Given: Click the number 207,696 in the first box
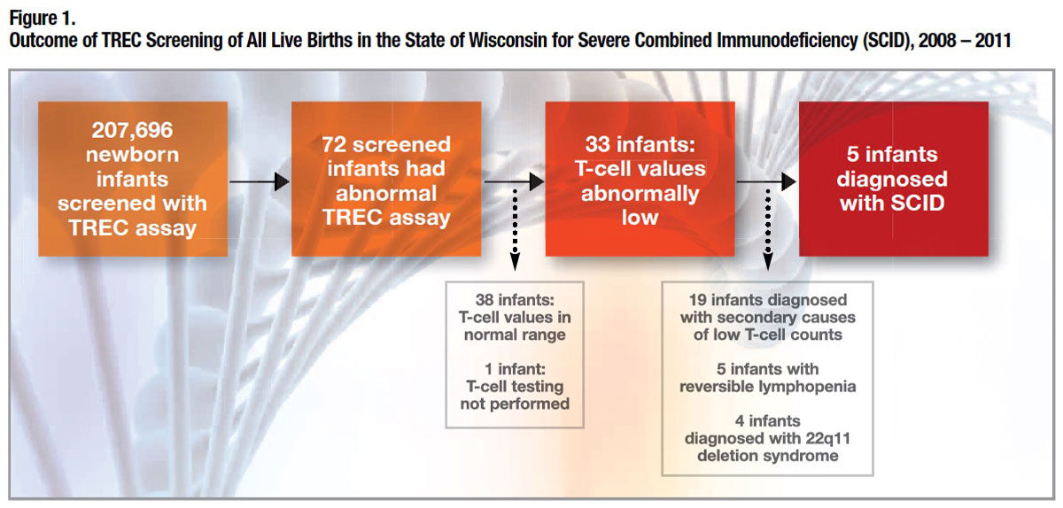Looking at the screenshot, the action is click(132, 130).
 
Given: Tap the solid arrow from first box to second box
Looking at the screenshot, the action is click(260, 181).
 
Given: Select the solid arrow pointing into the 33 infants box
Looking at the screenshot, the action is click(514, 181).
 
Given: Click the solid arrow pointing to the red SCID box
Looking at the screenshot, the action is click(766, 181).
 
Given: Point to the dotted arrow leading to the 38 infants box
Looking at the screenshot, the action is click(515, 230).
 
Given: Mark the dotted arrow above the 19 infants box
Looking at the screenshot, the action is click(768, 230).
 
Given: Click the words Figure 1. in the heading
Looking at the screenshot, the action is click(43, 19).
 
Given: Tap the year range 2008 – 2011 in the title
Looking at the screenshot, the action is click(965, 41).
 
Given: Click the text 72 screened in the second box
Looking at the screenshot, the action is click(386, 144).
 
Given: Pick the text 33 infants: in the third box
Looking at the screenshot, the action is click(640, 144).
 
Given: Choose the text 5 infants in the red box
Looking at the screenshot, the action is click(892, 155).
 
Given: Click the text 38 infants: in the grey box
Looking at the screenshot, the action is click(515, 300).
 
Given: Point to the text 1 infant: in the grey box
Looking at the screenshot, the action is click(515, 369).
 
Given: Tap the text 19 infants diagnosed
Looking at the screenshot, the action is click(768, 300).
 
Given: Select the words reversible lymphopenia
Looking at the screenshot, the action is click(768, 387).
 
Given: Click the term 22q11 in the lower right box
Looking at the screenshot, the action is click(827, 438).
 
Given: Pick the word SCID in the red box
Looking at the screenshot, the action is click(918, 204).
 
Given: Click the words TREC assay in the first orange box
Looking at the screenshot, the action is click(132, 228).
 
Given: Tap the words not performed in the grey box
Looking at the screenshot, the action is click(515, 404).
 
